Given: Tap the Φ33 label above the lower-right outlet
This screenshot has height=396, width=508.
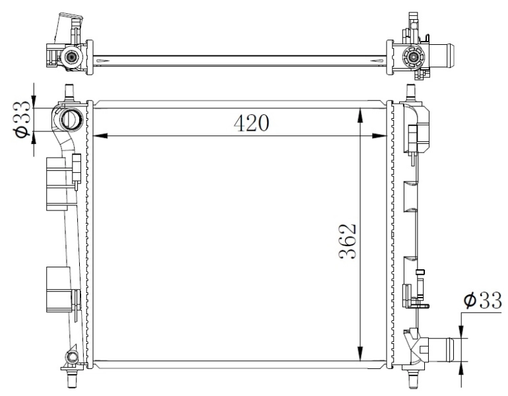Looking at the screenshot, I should (x=481, y=300).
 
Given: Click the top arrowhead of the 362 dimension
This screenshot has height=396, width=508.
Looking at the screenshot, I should (x=360, y=114).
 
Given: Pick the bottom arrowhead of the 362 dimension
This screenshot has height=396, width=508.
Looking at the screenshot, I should (x=360, y=354).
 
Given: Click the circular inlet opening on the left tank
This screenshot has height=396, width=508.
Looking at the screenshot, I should (x=69, y=120).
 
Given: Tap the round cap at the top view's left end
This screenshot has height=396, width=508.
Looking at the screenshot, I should (x=70, y=59).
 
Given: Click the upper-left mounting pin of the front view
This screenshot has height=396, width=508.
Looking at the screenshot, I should (x=69, y=91).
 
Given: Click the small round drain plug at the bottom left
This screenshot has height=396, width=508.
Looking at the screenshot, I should (x=70, y=358).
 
